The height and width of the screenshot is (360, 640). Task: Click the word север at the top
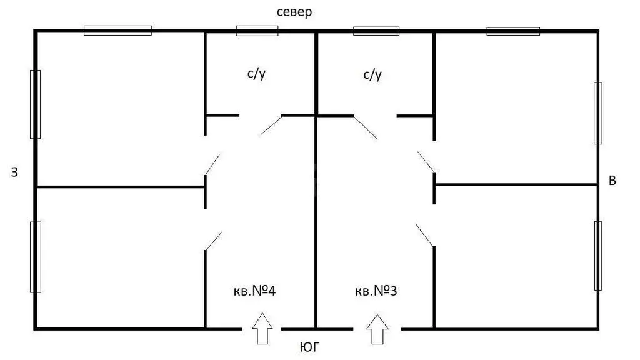point(294,12)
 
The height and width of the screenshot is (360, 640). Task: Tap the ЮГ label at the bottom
point(310,347)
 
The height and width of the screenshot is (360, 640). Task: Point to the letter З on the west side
point(14,172)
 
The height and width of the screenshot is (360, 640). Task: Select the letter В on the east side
point(612,181)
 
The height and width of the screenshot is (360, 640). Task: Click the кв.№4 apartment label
point(255,291)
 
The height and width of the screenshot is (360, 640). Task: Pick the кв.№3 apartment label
point(376,291)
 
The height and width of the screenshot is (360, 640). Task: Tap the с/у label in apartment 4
point(256,74)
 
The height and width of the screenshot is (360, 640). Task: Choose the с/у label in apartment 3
point(372,75)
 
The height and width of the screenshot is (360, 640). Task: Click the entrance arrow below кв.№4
point(262,329)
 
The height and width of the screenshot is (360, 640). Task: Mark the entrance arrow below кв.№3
point(377,329)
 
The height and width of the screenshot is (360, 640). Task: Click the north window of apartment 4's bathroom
point(257,31)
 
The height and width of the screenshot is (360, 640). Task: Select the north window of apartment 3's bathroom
point(376,31)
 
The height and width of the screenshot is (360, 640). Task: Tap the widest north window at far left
point(117,31)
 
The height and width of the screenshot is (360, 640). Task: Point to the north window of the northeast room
point(513,31)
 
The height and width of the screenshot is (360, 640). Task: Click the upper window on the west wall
point(35,104)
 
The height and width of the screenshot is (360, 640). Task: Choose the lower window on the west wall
point(36,257)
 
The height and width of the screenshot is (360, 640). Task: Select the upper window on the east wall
point(598,113)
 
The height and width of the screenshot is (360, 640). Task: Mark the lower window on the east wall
point(598,256)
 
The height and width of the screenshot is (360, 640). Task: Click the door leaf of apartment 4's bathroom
point(271,125)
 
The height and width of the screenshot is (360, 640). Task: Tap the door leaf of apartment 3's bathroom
point(366,127)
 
